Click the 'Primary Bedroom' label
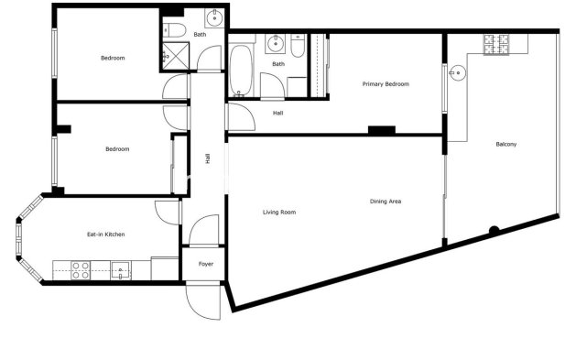pos(385,84)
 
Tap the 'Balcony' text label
pos(506,144)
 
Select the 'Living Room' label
pos(279,213)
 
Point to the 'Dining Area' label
pos(386,202)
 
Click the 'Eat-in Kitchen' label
pos(105,235)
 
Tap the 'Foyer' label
pos(205,264)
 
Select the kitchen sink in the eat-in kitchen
pos(121,269)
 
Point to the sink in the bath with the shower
pos(212,17)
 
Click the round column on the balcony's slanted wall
pos(494,230)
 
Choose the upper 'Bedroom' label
pos(113,58)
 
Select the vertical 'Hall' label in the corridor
pos(208,159)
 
